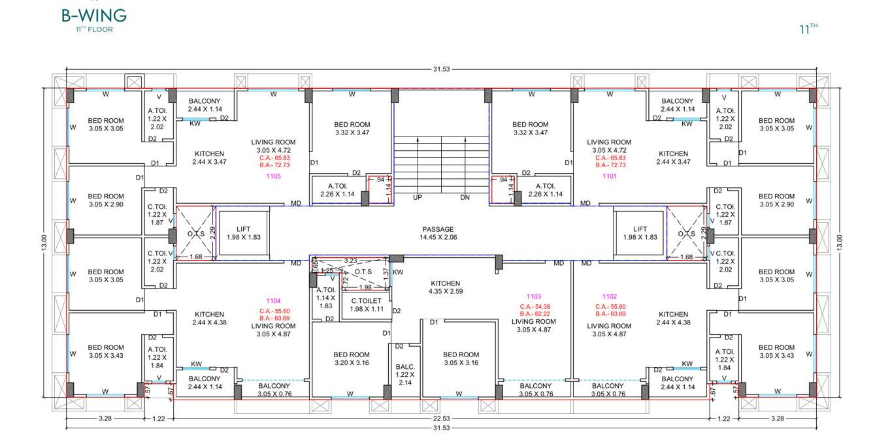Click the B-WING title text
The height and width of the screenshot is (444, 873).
pos(94,15)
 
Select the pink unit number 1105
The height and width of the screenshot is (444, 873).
pos(273,176)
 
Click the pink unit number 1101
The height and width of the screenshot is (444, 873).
pos(609,176)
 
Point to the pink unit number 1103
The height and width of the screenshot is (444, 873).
pos(534,296)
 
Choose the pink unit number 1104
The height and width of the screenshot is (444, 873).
pos(273,301)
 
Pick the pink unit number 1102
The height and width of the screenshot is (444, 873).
pos(609,296)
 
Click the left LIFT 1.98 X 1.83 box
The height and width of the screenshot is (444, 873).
pos(243,233)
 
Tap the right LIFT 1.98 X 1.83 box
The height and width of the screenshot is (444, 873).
pos(640,233)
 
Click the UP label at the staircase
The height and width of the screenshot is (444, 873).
pos(418,197)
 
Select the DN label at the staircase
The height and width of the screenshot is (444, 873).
pos(465,197)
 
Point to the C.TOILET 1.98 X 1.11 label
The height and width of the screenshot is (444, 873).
pos(365,305)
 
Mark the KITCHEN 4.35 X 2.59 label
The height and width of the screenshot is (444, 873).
pos(446,288)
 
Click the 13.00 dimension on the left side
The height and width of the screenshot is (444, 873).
pos(45,242)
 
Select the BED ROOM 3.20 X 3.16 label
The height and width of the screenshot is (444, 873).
pos(351,359)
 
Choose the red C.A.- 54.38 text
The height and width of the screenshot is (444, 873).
pos(534,307)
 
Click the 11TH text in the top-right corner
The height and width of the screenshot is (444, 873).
pos(808,29)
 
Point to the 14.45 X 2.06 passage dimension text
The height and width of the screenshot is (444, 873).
pos(438,238)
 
